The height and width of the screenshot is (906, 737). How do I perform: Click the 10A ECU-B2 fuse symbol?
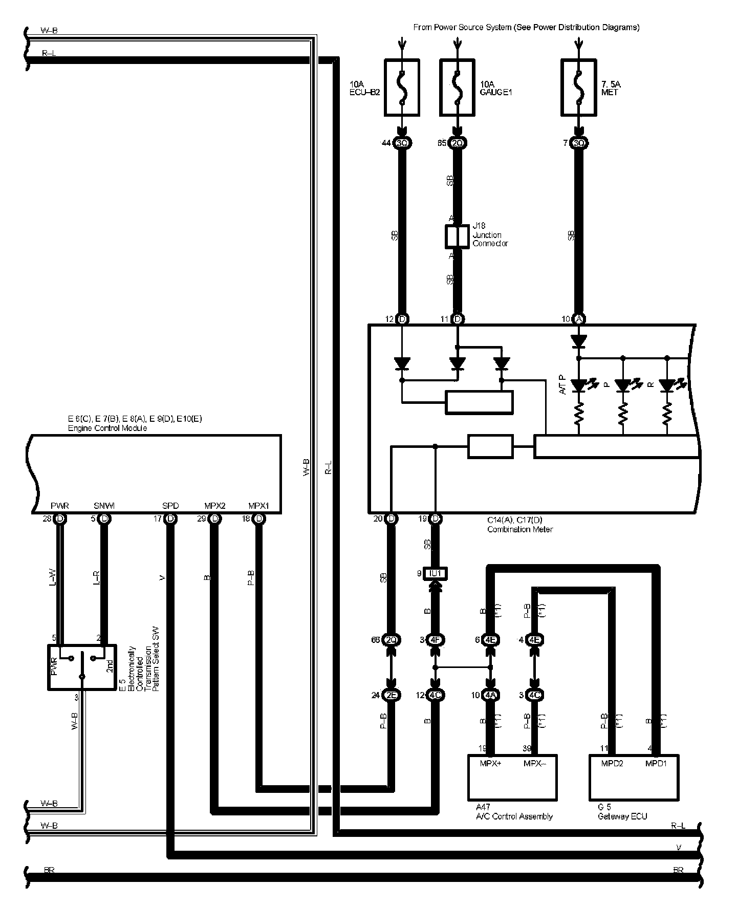point(402,87)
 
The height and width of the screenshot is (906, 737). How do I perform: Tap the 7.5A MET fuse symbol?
point(578,87)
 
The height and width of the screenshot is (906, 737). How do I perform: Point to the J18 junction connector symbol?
point(457,236)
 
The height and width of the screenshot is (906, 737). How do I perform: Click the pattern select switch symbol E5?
point(82,667)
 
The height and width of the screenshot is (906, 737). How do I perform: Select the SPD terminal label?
point(170,506)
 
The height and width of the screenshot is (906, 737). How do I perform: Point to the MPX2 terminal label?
point(214,506)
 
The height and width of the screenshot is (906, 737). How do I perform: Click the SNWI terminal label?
point(104,506)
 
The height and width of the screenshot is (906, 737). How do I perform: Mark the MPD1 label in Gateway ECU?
point(656,764)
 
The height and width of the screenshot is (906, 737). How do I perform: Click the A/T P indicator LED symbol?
point(579,384)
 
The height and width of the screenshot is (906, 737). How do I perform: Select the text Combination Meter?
point(520,529)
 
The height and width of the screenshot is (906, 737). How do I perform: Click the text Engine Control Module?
point(107,428)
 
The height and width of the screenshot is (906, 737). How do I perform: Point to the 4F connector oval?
point(436,640)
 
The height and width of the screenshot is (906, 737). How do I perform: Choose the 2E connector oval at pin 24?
point(392,695)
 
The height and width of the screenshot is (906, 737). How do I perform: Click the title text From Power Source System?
point(526,27)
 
